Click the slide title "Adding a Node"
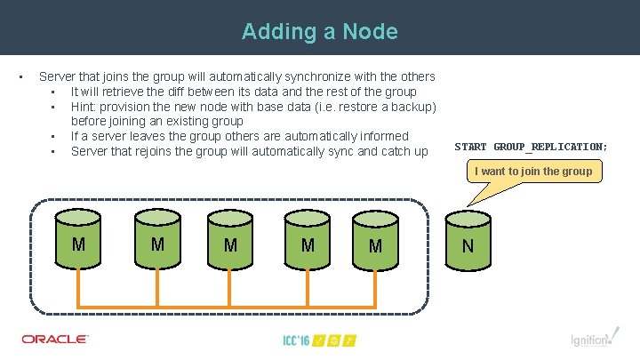tap(319, 32)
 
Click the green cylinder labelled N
tap(468, 241)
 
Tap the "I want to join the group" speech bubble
tap(533, 172)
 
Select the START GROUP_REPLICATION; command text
tap(532, 146)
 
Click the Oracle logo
tap(55, 339)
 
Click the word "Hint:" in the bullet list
tap(85, 107)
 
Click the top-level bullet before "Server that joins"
tap(20, 76)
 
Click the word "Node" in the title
tap(370, 32)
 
